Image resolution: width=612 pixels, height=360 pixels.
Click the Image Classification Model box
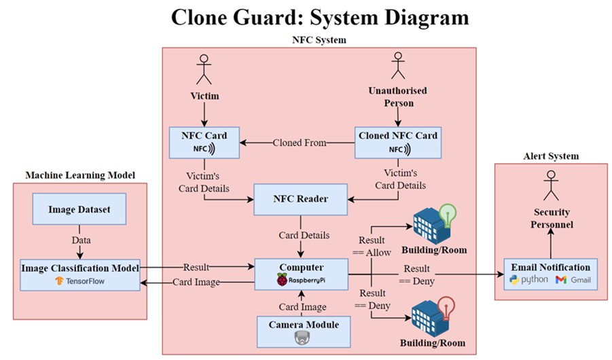point(80,273)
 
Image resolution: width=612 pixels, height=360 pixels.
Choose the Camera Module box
point(300,331)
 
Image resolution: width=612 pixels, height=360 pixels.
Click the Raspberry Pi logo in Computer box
point(282,280)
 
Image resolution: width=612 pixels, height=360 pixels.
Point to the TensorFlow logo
point(60,280)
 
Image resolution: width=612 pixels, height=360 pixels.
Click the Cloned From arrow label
point(300,143)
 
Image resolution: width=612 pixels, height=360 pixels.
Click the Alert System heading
point(552,156)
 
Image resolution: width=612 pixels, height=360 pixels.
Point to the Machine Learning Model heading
point(80,175)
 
